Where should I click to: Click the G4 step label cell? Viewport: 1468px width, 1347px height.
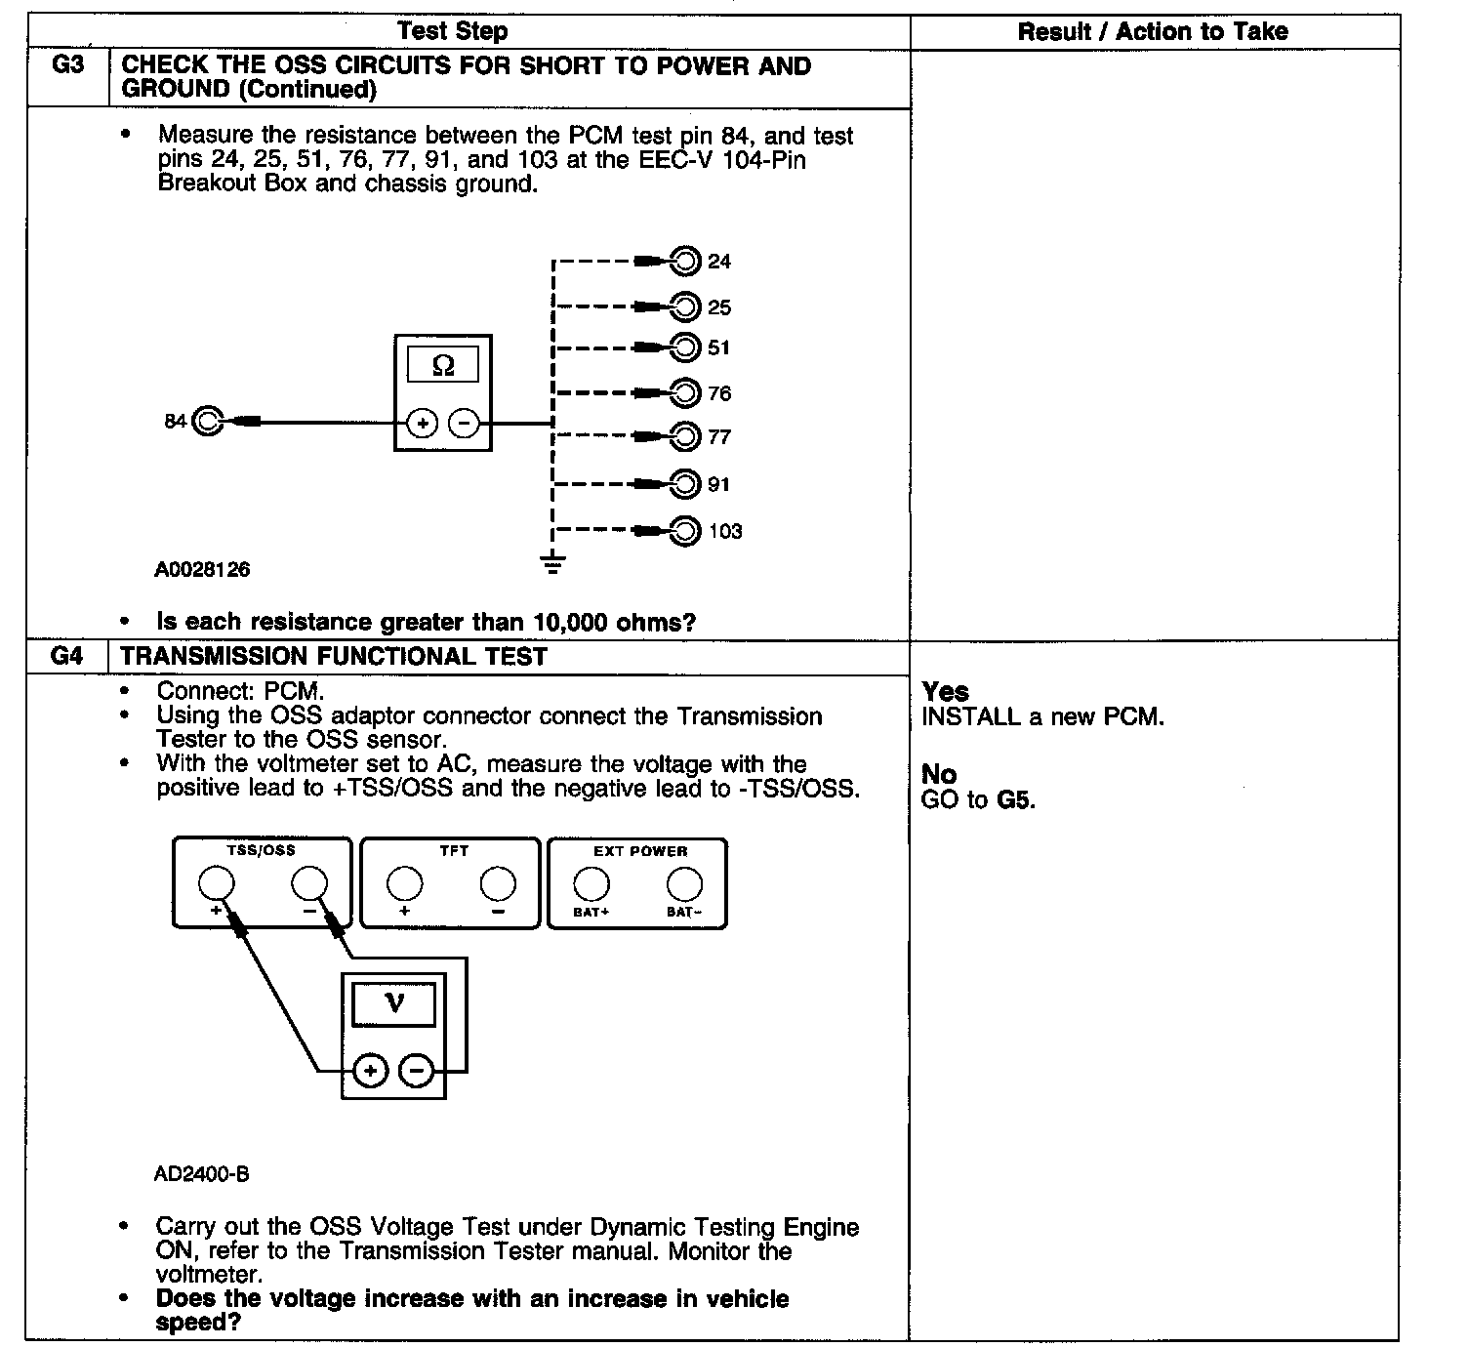[x=66, y=656]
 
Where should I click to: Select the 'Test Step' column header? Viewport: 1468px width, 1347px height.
[x=453, y=31]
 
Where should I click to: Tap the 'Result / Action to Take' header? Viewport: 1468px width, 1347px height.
[x=1153, y=31]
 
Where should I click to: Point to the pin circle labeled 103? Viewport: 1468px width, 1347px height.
[x=687, y=531]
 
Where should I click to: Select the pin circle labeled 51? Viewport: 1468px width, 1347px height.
[x=687, y=347]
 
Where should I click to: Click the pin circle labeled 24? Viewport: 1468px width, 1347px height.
[x=687, y=261]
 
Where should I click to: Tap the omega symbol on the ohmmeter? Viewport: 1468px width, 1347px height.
[x=443, y=365]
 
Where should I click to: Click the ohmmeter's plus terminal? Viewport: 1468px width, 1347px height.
[x=422, y=424]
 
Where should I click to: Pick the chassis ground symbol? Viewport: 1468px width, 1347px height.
[x=552, y=563]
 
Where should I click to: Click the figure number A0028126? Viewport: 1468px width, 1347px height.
[x=202, y=569]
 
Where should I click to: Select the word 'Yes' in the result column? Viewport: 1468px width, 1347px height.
[x=945, y=691]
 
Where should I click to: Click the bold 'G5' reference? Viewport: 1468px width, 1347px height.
[x=1015, y=800]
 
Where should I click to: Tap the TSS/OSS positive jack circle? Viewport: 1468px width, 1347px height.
[x=216, y=884]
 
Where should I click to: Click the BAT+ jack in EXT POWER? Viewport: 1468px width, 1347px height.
[x=591, y=884]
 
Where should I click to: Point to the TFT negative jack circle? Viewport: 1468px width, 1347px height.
[x=498, y=884]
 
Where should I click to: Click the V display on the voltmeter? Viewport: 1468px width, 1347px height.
[x=394, y=1002]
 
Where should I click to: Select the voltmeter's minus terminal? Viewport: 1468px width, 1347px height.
[x=418, y=1071]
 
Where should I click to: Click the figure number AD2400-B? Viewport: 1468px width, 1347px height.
[x=202, y=1174]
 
